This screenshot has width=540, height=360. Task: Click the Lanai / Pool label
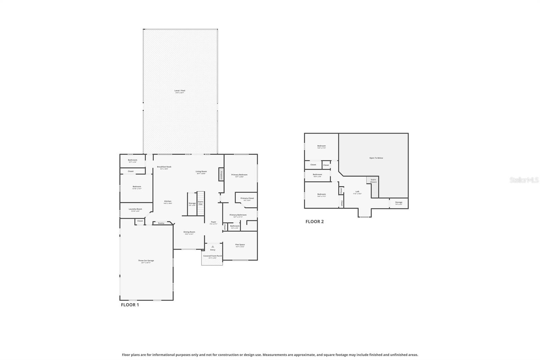pos(180,91)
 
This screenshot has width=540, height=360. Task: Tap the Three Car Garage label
pos(146,261)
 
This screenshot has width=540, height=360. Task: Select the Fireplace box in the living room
pos(221,174)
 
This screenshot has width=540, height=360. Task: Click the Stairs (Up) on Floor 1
pos(200,203)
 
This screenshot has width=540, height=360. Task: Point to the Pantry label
pos(161,223)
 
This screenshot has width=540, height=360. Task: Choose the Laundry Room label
pos(135,209)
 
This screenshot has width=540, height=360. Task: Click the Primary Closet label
pos(247,199)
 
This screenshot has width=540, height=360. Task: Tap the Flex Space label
pos(240,245)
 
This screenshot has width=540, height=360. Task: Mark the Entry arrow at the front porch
pos(213,247)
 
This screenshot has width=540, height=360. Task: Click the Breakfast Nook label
pos(164,167)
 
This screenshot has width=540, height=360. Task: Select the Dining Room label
pos(189,232)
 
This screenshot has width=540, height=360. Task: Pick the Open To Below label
pos(376,158)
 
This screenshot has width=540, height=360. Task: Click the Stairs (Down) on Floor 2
pos(373,181)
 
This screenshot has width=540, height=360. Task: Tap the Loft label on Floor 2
pos(357,192)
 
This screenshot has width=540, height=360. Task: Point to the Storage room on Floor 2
pos(399,203)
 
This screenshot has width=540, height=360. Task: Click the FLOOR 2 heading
pos(315,222)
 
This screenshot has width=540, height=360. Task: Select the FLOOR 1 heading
pos(130,305)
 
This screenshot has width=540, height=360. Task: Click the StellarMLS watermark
pos(524,180)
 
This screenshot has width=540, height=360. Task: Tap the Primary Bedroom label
pos(239,175)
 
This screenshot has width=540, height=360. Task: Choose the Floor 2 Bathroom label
pos(317,175)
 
